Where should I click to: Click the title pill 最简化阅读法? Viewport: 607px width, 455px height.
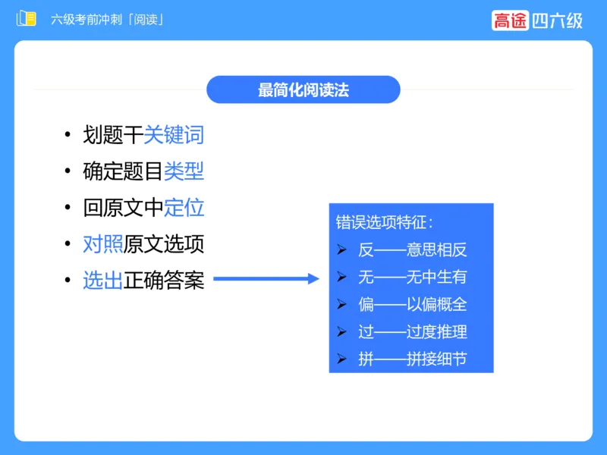(303, 89)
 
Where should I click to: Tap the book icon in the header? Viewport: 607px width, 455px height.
(27, 19)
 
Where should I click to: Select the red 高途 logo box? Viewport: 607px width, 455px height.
(509, 20)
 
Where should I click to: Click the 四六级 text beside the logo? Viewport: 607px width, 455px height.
(557, 20)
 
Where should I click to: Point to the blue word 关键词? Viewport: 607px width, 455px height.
(174, 136)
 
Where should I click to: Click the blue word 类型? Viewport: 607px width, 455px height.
(184, 171)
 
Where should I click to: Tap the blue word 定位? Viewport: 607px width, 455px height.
(184, 208)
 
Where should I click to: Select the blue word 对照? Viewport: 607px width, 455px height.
(102, 244)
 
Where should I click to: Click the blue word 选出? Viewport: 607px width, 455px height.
(102, 281)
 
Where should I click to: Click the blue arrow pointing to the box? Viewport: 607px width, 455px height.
(266, 279)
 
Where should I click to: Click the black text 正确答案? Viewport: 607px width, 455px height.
(164, 281)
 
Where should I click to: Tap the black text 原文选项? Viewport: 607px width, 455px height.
(164, 244)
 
